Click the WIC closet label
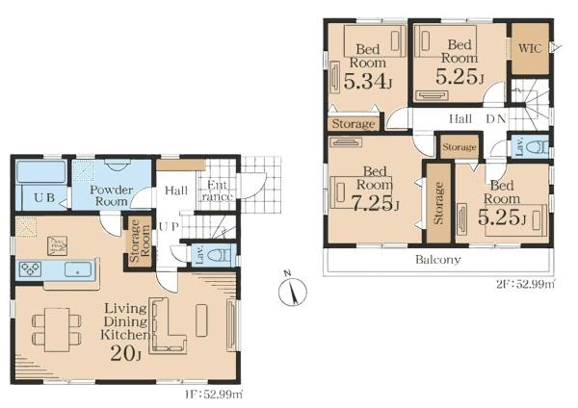click(x=530, y=48)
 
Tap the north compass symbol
click(x=292, y=291)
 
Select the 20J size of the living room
click(x=125, y=354)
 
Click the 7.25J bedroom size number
click(x=375, y=202)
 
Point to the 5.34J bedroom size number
click(x=367, y=81)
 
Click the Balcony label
click(x=438, y=260)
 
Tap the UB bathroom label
click(x=44, y=197)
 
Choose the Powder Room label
click(x=112, y=195)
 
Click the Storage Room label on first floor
click(x=140, y=241)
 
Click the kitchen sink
click(x=78, y=269)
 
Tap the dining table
click(x=57, y=330)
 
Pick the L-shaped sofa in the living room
click(x=168, y=325)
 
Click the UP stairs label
click(x=169, y=226)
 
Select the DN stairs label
click(x=496, y=119)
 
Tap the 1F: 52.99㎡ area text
click(x=214, y=395)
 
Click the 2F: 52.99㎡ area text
click(x=525, y=284)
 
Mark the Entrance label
click(x=217, y=191)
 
